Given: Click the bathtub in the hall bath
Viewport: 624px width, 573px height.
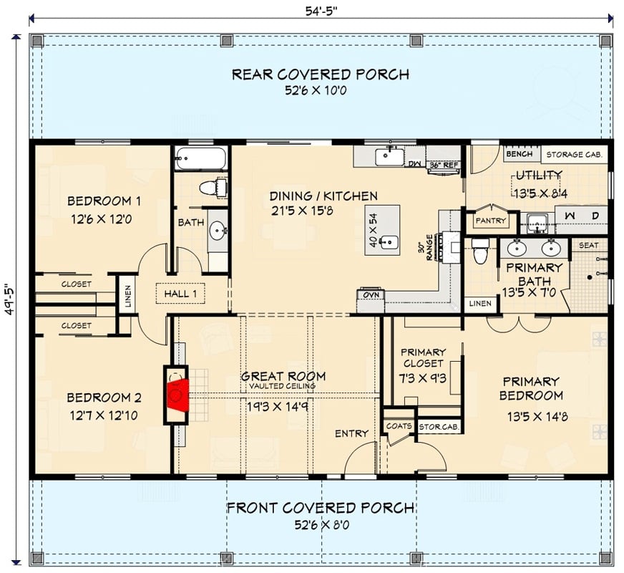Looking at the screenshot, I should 201,158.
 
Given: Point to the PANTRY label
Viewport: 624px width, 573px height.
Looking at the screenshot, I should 489,221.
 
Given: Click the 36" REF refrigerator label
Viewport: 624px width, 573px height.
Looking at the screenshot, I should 443,165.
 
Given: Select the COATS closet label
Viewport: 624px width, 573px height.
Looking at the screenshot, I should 399,425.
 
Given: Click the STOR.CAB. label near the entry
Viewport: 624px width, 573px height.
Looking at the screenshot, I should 439,426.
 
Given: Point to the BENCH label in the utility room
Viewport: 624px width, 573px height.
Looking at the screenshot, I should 519,154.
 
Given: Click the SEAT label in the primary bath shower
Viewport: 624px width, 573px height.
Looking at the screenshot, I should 588,245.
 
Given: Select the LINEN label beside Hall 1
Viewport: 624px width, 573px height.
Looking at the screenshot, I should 127,294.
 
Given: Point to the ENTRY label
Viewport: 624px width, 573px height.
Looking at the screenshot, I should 351,433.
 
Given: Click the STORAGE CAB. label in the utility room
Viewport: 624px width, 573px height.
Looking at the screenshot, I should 575,154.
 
